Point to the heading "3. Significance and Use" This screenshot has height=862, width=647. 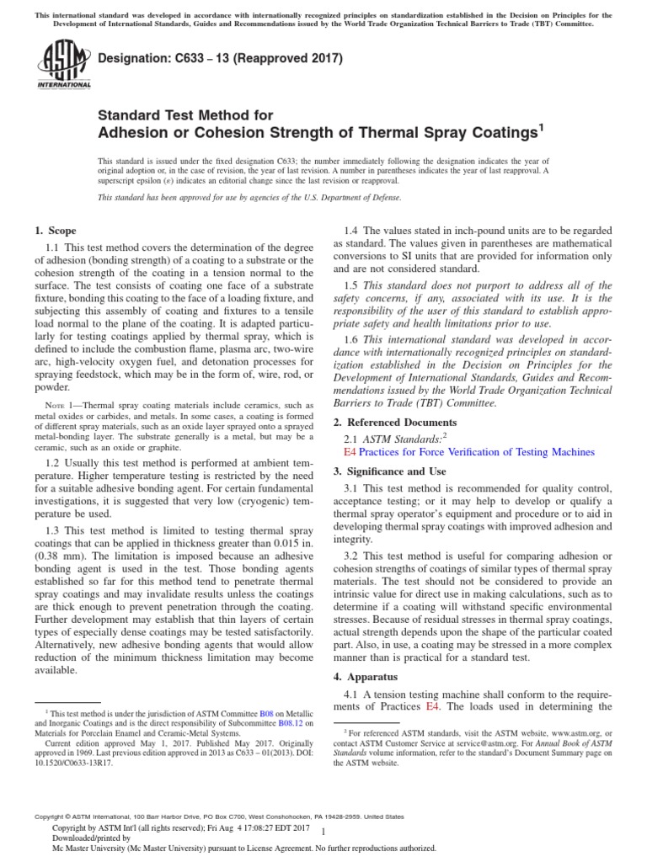click(x=390, y=471)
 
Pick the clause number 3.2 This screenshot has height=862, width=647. click(x=356, y=556)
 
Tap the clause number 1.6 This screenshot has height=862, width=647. click(x=356, y=338)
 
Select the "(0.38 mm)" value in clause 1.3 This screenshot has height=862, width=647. click(x=63, y=565)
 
